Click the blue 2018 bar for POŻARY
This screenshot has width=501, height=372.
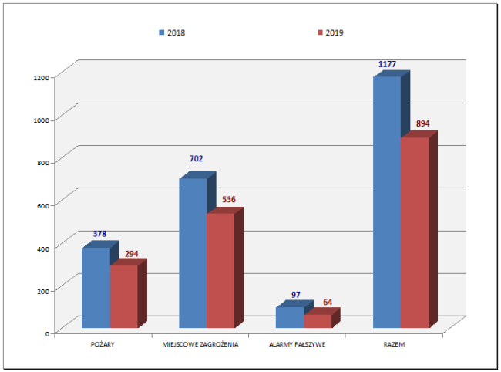coord(96,287)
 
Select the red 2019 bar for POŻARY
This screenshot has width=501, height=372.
coord(123,296)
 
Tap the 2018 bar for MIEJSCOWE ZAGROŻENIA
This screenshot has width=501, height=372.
coord(193,253)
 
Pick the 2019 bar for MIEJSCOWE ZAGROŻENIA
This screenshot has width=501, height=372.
coord(220,270)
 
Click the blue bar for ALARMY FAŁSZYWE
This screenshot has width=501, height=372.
coord(290,318)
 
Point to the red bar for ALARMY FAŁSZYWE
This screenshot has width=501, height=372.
coord(317,321)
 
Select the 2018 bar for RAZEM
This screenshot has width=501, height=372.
coord(387,202)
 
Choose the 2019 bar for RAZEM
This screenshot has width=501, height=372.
coord(414,232)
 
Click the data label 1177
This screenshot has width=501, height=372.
coord(387,64)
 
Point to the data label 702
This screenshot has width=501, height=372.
coord(197,159)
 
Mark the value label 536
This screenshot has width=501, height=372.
coord(228,200)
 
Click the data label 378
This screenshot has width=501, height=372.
coord(100,234)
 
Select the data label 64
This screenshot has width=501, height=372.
coord(328,302)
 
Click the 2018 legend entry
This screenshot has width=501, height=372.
coord(172,33)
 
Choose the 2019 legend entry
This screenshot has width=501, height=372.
coord(329,33)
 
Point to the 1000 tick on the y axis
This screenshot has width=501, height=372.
coord(41,120)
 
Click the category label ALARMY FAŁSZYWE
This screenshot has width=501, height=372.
coord(298,344)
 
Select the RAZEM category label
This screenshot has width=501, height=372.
coord(395,344)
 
